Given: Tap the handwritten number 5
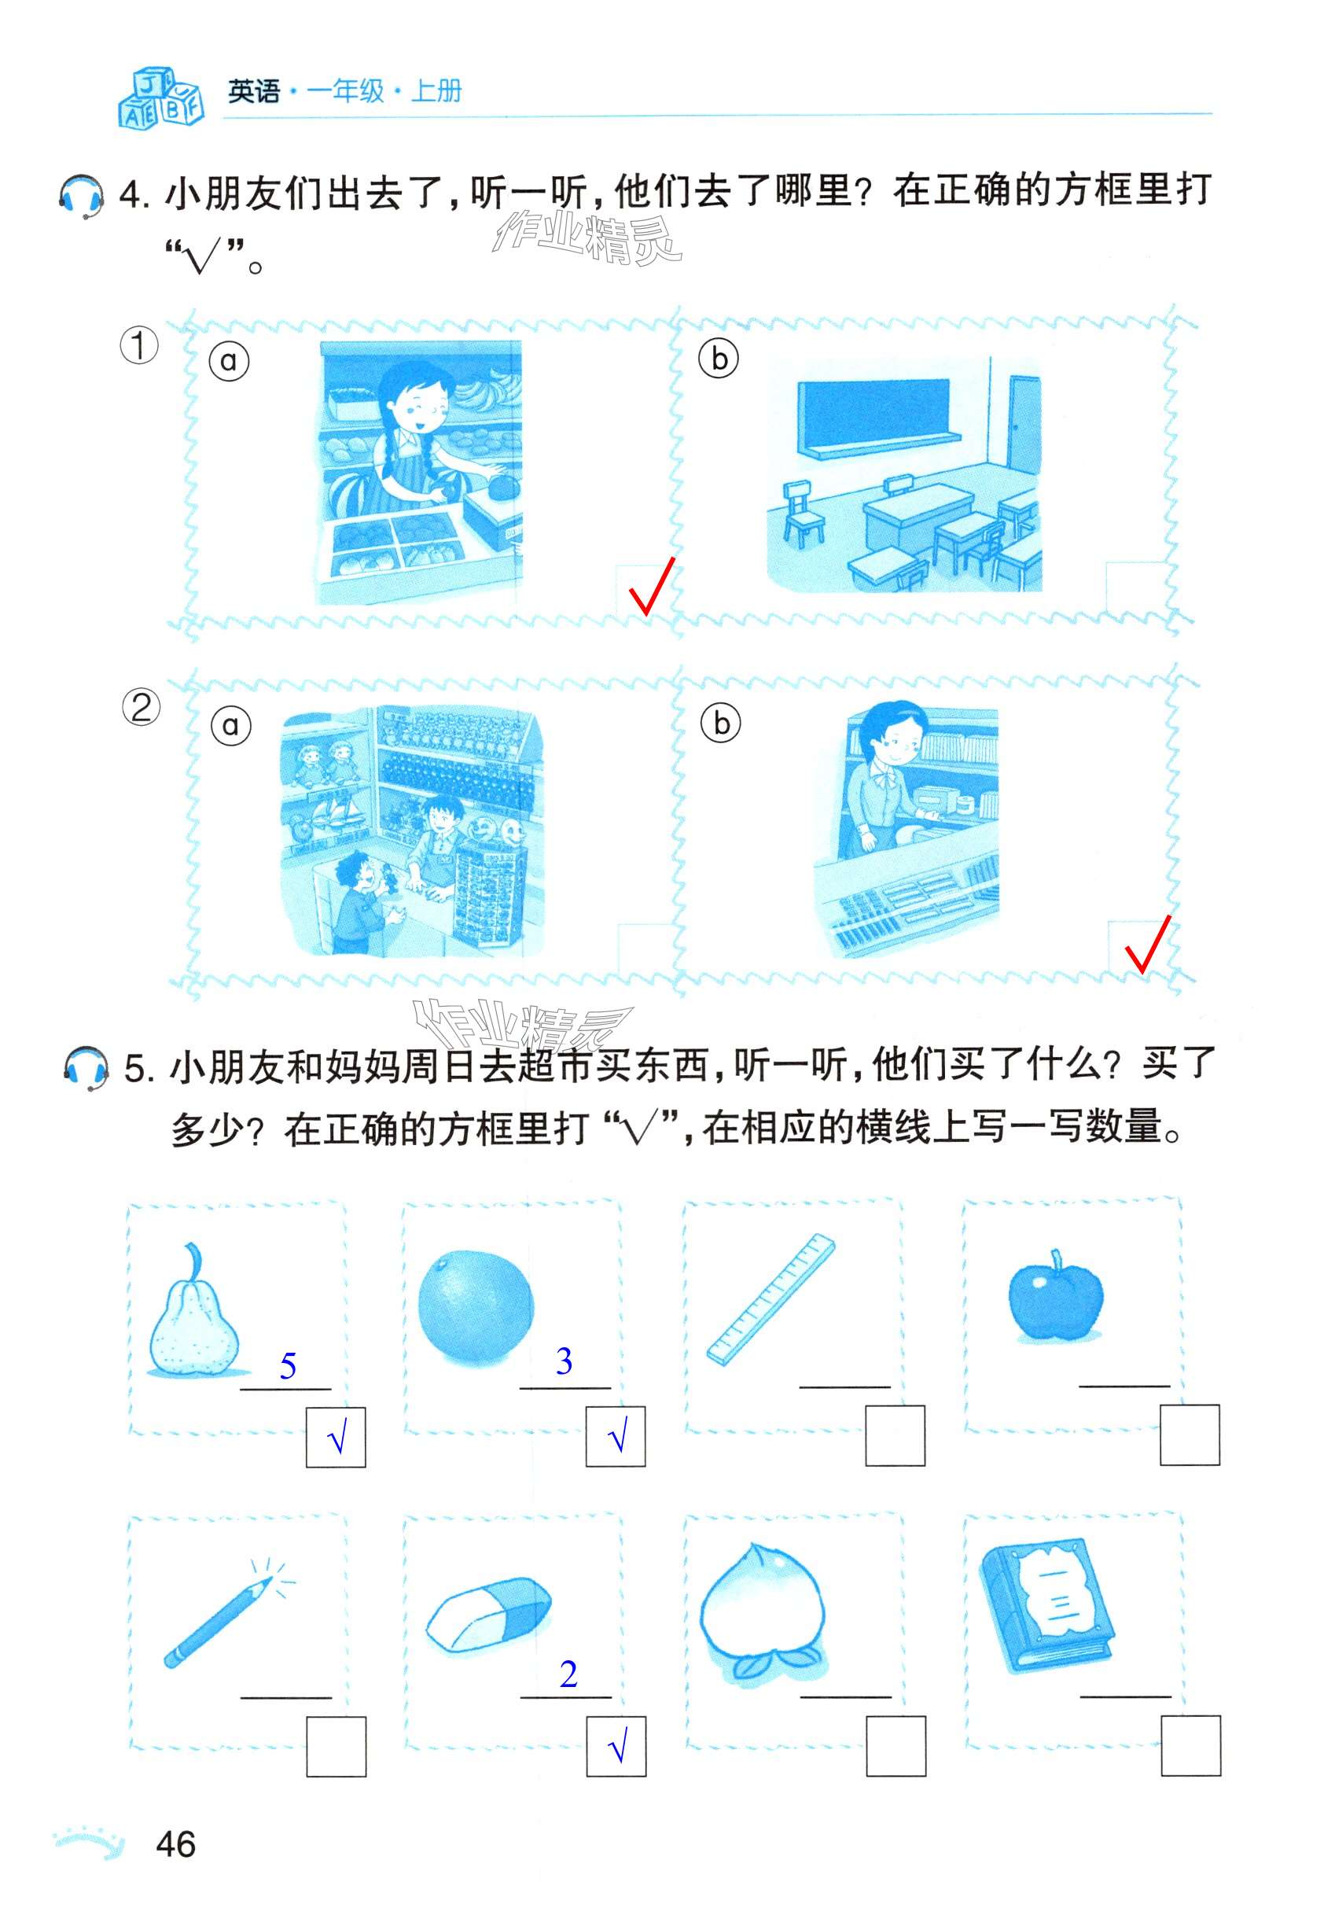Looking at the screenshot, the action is pos(288,1366).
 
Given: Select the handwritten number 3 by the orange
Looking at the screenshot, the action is pos(564,1361).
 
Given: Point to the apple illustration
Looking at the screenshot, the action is pos(1055,1296).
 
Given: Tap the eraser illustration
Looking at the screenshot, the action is pos(487,1615).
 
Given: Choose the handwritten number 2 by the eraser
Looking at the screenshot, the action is pos(568,1674).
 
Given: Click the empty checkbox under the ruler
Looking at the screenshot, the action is pos(895,1436).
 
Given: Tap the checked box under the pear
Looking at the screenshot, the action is pos(336,1437).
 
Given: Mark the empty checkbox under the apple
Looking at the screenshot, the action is pos(1190,1435).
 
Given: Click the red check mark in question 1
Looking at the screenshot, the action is pos(651,587).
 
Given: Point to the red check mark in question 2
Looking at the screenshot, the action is pos(1147,944).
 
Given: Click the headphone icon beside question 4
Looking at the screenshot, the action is pos(83,197).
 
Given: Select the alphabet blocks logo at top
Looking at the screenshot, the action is pos(160,98).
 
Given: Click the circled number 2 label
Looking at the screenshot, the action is pos(141,708).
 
